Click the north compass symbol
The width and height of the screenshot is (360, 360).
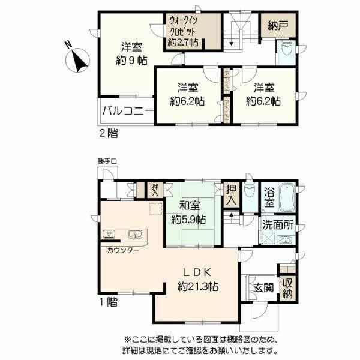[77, 60]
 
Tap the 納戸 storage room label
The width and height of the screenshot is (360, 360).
[278, 26]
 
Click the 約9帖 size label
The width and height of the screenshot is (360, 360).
[131, 61]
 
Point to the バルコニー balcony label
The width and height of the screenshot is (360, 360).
[128, 112]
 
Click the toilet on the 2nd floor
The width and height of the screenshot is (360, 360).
[287, 49]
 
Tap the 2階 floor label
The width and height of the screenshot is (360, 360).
[109, 133]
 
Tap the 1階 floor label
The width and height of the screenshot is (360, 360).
[108, 302]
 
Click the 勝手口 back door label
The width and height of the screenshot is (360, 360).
[107, 161]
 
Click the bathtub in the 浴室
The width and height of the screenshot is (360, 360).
[287, 197]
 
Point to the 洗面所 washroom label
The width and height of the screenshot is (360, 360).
[278, 225]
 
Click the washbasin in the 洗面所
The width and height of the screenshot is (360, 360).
[286, 241]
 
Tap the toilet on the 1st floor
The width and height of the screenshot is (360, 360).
[250, 190]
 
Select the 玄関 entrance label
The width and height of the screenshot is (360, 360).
[263, 287]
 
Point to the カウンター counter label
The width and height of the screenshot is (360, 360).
[123, 250]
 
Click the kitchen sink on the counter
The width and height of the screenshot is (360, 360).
[135, 234]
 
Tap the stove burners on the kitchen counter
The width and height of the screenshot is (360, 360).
[109, 234]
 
